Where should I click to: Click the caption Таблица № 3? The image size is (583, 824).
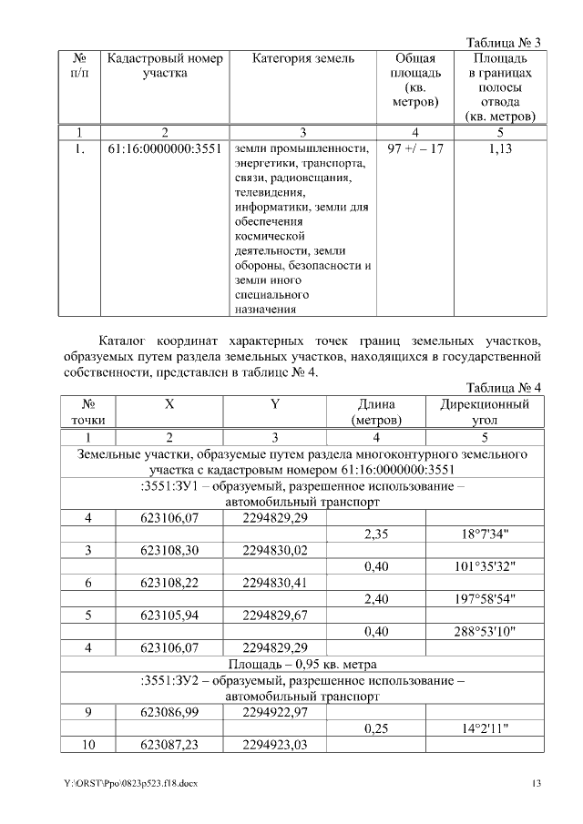click(503, 43)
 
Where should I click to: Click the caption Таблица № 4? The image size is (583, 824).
click(503, 388)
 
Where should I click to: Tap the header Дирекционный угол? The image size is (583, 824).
click(486, 412)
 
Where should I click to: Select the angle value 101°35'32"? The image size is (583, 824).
click(483, 567)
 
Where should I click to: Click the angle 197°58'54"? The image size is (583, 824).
click(483, 599)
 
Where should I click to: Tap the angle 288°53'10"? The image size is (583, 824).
click(483, 631)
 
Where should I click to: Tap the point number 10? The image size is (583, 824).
click(88, 745)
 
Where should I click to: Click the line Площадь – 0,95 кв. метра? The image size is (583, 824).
click(302, 663)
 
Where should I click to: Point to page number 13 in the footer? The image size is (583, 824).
click(537, 784)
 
